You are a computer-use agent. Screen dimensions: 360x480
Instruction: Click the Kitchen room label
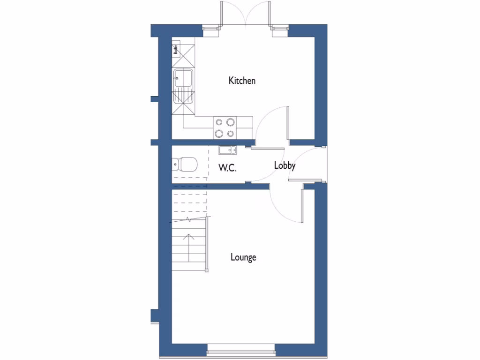pyautogui.click(x=242, y=81)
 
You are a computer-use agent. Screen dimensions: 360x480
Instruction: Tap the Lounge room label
pyautogui.click(x=243, y=257)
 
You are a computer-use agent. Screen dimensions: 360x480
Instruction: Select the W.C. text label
pyautogui.click(x=227, y=168)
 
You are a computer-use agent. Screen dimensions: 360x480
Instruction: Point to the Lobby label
pyautogui.click(x=285, y=165)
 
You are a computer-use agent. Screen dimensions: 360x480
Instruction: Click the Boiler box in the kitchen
pyautogui.click(x=176, y=49)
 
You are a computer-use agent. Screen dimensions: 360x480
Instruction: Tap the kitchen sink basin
pyautogui.click(x=183, y=78)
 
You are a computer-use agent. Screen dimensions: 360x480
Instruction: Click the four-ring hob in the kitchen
pyautogui.click(x=225, y=128)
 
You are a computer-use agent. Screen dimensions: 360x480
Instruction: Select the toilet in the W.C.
pyautogui.click(x=186, y=165)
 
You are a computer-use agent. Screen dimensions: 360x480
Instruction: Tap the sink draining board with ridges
pyautogui.click(x=183, y=97)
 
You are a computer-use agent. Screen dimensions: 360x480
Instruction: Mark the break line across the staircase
pyautogui.click(x=189, y=219)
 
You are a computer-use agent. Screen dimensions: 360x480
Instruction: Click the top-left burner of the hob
pyautogui.click(x=219, y=122)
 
